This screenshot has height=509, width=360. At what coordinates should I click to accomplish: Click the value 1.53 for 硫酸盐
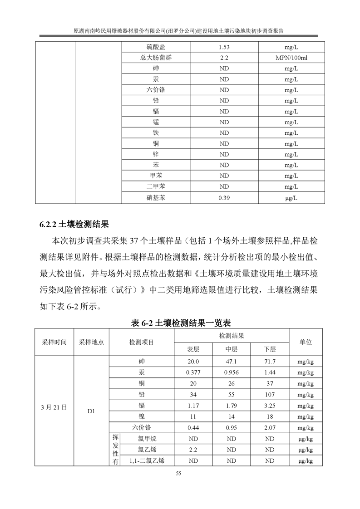224,47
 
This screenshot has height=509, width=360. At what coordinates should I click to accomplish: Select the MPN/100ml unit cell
291,58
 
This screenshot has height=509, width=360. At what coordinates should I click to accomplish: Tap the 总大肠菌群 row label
156,58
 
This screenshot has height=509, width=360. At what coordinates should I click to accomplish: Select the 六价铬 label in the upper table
156,90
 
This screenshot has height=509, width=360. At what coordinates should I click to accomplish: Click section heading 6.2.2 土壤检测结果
74,225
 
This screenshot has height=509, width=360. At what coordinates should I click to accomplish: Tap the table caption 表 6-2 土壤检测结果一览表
181,323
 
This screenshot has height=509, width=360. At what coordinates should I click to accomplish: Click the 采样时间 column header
54,342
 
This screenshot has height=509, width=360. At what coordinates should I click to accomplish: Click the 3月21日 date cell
54,407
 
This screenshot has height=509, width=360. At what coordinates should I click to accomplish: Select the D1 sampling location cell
91,411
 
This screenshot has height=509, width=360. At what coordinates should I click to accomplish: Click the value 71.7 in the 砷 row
270,362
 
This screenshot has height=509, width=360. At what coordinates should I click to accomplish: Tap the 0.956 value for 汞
232,372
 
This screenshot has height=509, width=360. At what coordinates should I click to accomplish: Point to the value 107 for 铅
270,394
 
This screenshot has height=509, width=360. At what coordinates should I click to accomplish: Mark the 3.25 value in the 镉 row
270,405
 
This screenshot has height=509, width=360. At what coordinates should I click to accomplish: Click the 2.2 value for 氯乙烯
193,450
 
